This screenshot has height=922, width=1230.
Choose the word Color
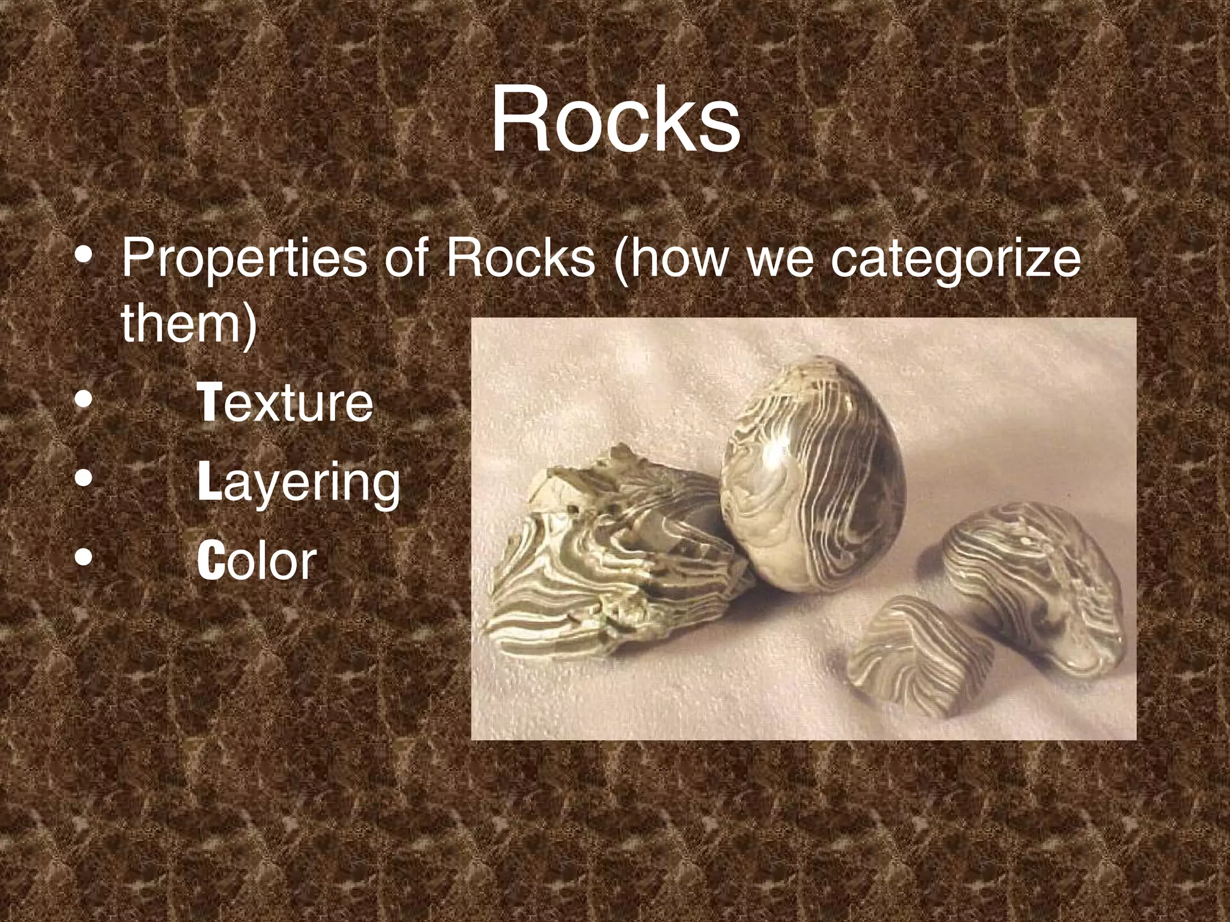click(256, 561)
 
